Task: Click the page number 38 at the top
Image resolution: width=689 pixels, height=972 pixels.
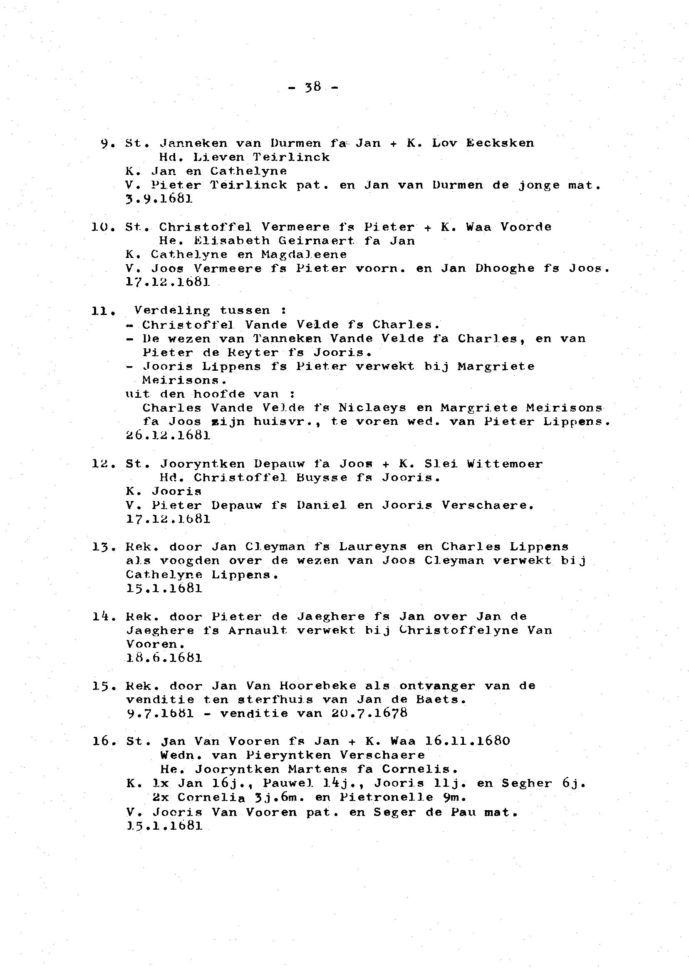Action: [x=313, y=87]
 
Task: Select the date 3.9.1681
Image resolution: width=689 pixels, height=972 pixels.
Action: [x=159, y=199]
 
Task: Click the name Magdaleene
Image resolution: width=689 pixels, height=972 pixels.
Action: [x=304, y=255]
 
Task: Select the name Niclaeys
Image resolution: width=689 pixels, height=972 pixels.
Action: [x=372, y=408]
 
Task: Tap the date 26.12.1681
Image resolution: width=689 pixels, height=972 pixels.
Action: [x=168, y=436]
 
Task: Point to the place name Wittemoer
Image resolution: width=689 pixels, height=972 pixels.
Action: [x=505, y=464]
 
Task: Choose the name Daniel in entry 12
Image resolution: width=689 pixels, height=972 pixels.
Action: [x=322, y=505]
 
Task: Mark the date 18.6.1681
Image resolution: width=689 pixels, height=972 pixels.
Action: [x=164, y=658]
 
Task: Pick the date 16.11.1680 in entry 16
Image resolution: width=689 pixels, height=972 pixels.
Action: [x=467, y=741]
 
